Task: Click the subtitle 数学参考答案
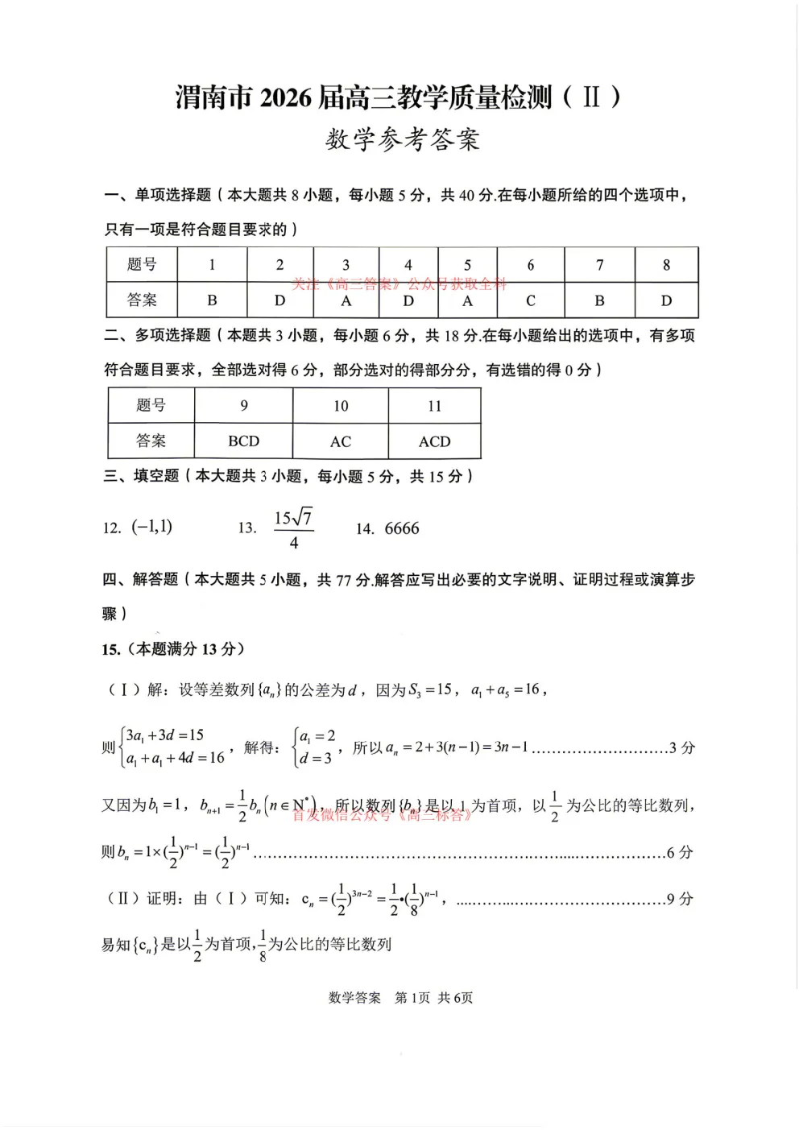402,139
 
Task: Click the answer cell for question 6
530,300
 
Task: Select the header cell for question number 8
666,265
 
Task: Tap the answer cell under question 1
212,300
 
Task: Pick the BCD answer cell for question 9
243,441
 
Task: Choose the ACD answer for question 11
434,441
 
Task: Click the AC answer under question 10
341,441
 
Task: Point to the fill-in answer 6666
402,528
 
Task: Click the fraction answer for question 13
293,529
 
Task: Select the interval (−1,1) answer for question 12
151,528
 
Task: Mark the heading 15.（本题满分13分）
173,649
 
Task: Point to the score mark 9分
680,899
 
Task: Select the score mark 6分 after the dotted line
680,852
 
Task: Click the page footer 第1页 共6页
433,997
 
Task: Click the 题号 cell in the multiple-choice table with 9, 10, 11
151,405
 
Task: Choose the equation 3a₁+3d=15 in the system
165,735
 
